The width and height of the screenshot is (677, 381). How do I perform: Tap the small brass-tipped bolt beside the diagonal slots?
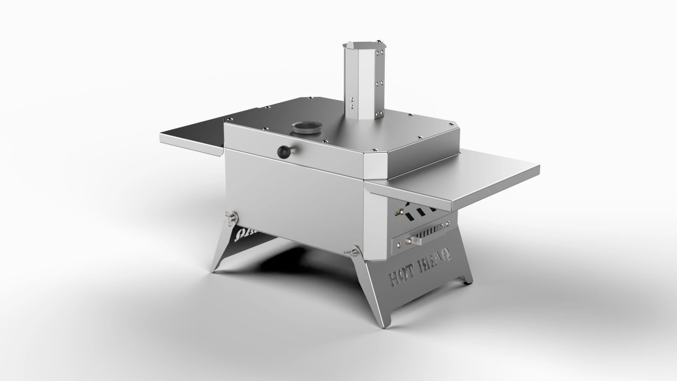pos(399,212)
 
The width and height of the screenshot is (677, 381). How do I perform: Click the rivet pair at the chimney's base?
pos(352,102)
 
